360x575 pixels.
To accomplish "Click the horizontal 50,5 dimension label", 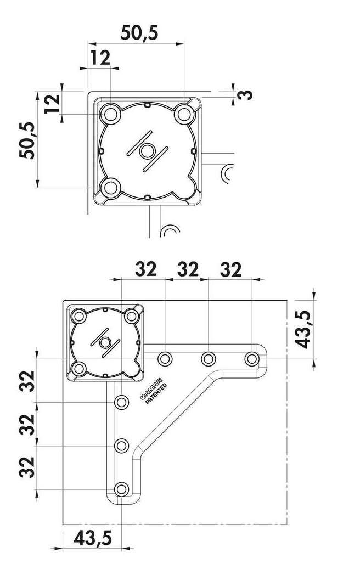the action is coord(139,33).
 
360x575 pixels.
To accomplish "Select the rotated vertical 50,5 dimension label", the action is coord(28,140).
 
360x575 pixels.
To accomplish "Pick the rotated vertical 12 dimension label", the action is coord(53,104).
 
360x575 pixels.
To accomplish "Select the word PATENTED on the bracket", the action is coord(156,394).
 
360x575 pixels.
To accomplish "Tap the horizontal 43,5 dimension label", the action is coord(93,538).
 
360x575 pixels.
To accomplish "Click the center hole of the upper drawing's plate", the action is coord(147,151).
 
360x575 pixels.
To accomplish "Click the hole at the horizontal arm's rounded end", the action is coord(252,359).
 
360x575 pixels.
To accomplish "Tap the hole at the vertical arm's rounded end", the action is coord(121,489).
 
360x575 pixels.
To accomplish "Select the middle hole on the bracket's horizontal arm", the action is coord(209,359).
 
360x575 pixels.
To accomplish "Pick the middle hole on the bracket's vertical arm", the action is coord(121,446).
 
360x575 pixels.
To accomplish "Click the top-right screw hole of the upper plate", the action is coord(183,115).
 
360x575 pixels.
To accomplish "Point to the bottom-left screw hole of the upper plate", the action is coord(110,188).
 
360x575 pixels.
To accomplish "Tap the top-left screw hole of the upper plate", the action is coord(110,115).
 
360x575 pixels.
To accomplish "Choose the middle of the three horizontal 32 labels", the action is coord(188,269).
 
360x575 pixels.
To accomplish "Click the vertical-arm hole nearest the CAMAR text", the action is coord(121,403).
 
